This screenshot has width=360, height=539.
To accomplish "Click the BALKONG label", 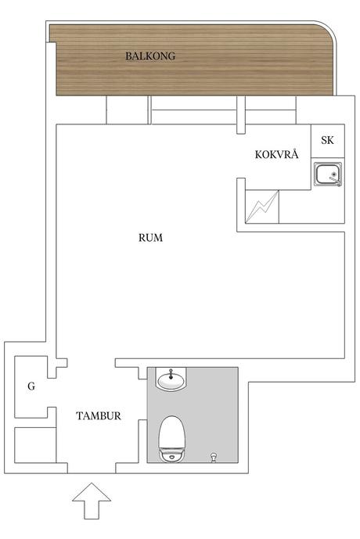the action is tap(150, 56).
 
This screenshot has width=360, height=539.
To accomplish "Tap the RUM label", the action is tap(150, 238).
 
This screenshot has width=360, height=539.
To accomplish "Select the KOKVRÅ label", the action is tap(277, 154).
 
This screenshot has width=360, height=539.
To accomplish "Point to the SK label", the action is tap(327, 140).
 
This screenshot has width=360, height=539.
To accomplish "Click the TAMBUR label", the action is tap(99, 416).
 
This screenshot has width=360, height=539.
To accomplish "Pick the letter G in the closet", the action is tap(31, 386).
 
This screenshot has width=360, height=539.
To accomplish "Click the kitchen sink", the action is tap(328, 174).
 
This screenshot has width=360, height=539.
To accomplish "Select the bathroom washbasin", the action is tap(171, 379).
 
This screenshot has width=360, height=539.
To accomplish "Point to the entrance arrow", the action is tap(92, 501).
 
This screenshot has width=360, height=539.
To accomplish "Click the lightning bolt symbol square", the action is tap(262, 207).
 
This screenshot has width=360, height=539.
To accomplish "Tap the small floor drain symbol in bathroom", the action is tap(214, 458).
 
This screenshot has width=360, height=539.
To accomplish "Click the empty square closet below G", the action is tap(35, 445).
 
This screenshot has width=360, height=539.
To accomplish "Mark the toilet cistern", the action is tap(171, 455).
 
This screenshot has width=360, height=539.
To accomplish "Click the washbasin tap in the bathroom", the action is tap(171, 375).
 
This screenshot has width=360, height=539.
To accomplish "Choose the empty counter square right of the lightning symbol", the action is tap(311, 207).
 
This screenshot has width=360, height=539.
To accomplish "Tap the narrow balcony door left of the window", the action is tap(128, 110).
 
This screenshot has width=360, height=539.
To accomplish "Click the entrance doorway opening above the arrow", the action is tap(92, 468).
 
